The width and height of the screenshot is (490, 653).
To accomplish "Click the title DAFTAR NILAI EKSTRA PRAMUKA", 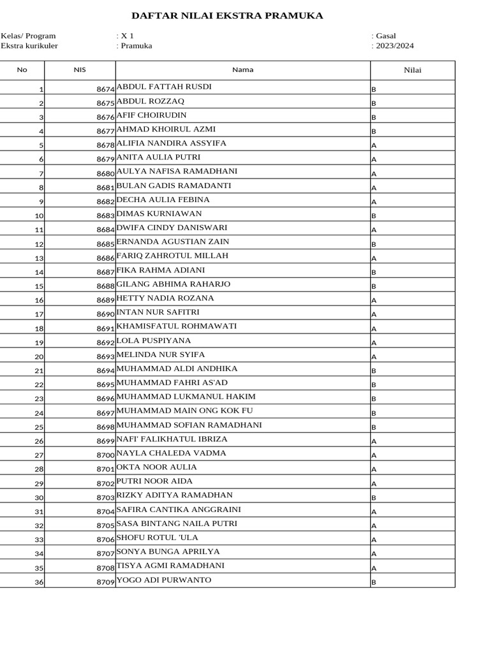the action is click(227, 16).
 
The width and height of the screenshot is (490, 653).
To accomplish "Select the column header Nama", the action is click(242, 70).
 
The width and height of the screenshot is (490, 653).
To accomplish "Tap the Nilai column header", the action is click(413, 70).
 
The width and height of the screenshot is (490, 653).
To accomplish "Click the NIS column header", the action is click(80, 70).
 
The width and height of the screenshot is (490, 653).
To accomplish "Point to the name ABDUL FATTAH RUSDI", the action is click(164, 87).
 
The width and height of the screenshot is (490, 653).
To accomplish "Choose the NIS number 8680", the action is click(105, 173).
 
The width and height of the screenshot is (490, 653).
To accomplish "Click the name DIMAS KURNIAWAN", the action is click(159, 214).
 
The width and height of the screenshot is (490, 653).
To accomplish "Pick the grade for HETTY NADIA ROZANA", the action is click(374, 300).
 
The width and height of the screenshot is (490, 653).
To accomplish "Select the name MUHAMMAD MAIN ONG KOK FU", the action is click(184, 411).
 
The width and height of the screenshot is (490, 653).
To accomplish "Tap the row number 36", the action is click(39, 582).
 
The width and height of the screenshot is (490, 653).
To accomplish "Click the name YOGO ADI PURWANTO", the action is click(164, 580).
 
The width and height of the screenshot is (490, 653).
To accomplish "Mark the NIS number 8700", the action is click(105, 455).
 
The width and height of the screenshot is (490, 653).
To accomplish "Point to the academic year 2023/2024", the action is click(395, 46).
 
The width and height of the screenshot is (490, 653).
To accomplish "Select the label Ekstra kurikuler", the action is click(29, 46).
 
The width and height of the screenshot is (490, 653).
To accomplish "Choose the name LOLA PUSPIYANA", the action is click(154, 341).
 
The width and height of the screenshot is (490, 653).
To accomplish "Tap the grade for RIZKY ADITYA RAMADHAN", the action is click(374, 497).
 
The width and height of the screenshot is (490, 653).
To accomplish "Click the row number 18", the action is click(39, 329).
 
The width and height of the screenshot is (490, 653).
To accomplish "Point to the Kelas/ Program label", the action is click(28, 36).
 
